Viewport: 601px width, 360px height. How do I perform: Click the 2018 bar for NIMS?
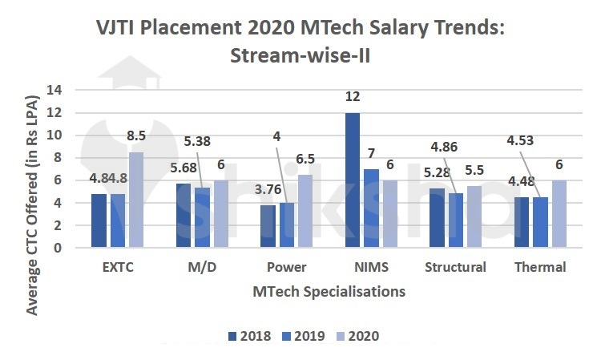pos(353,180)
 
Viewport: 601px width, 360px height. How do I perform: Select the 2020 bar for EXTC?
pos(136,200)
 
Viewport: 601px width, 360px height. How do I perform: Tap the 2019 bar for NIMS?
pos(371,208)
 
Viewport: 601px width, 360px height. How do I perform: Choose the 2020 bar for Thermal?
pos(559,214)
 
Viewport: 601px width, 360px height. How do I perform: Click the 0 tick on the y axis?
pos(58,248)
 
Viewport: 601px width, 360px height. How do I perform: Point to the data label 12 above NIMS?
pos(353,97)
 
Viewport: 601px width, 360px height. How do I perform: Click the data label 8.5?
pos(136,136)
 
